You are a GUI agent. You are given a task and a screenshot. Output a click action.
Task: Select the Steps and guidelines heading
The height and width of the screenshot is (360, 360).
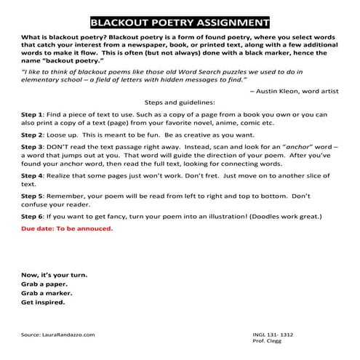179,104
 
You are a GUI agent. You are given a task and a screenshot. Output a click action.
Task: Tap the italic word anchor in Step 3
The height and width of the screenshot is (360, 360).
286,146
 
